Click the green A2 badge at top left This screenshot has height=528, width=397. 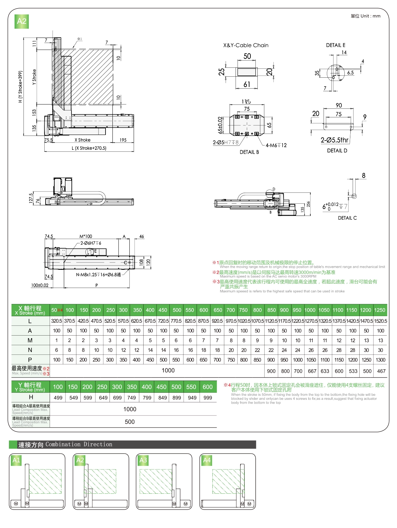(x=22, y=21)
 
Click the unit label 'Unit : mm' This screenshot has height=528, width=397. (x=366, y=16)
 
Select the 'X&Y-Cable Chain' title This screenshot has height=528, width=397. (x=246, y=45)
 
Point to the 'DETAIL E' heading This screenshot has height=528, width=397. (x=335, y=45)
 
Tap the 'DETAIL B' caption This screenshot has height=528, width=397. (x=249, y=152)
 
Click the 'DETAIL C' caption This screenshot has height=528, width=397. (x=347, y=218)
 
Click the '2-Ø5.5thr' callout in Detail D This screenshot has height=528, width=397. (x=334, y=140)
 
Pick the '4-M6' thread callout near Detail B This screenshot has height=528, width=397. (x=276, y=145)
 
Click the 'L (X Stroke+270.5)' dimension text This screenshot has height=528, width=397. (x=89, y=148)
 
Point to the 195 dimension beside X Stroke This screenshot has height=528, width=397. (x=123, y=140)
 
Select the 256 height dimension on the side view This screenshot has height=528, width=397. (x=308, y=204)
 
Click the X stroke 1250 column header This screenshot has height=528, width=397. (x=379, y=310)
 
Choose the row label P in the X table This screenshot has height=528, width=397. (x=30, y=360)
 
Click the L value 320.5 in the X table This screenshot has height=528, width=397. (x=57, y=321)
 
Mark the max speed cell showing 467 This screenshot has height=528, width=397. (x=381, y=371)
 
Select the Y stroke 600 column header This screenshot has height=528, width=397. (x=207, y=387)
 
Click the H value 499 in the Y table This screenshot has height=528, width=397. (x=58, y=398)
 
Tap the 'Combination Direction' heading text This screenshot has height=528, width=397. (x=79, y=444)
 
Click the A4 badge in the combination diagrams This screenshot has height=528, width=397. (x=207, y=460)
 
